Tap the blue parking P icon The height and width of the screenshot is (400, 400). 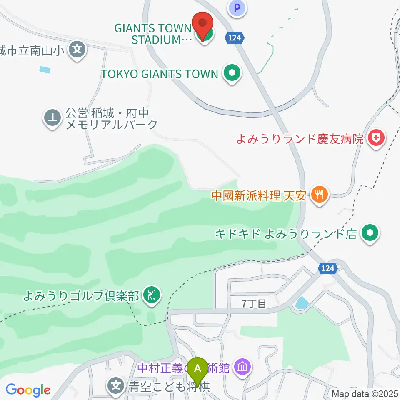click(x=237, y=7)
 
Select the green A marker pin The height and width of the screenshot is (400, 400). click(x=198, y=369)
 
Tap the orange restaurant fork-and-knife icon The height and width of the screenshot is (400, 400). click(x=320, y=195)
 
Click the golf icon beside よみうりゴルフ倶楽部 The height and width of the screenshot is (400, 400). click(x=150, y=295)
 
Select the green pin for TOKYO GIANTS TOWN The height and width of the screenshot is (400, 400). click(x=232, y=74)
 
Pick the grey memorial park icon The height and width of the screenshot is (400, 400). click(x=53, y=119)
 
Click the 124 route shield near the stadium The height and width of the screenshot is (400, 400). click(x=234, y=38)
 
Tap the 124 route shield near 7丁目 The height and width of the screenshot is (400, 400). click(x=327, y=268)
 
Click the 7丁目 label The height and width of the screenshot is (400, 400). click(x=254, y=304)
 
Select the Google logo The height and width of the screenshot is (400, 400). click(x=28, y=390)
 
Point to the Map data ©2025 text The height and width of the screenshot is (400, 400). click(x=365, y=393)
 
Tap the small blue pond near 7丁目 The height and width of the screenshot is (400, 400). click(x=301, y=303)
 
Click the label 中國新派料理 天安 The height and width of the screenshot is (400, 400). click(x=259, y=195)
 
